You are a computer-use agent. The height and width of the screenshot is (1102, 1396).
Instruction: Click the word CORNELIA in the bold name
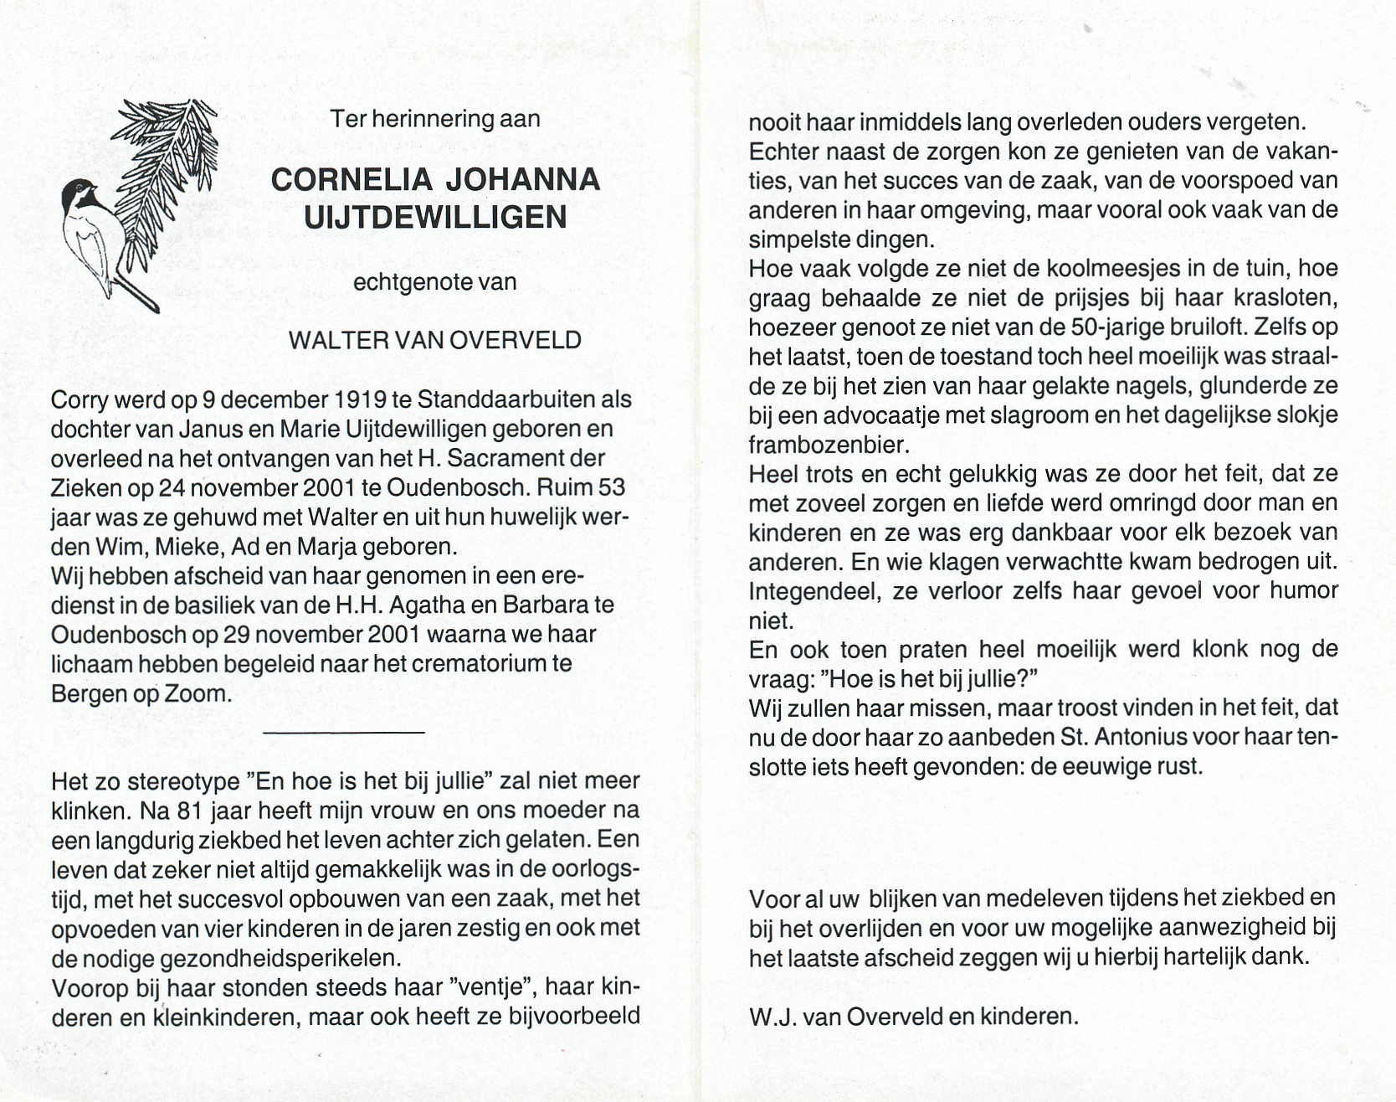pos(352,179)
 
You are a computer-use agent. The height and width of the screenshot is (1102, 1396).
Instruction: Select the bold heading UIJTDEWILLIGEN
pos(435,218)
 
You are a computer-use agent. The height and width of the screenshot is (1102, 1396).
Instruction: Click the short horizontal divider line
pos(343,733)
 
